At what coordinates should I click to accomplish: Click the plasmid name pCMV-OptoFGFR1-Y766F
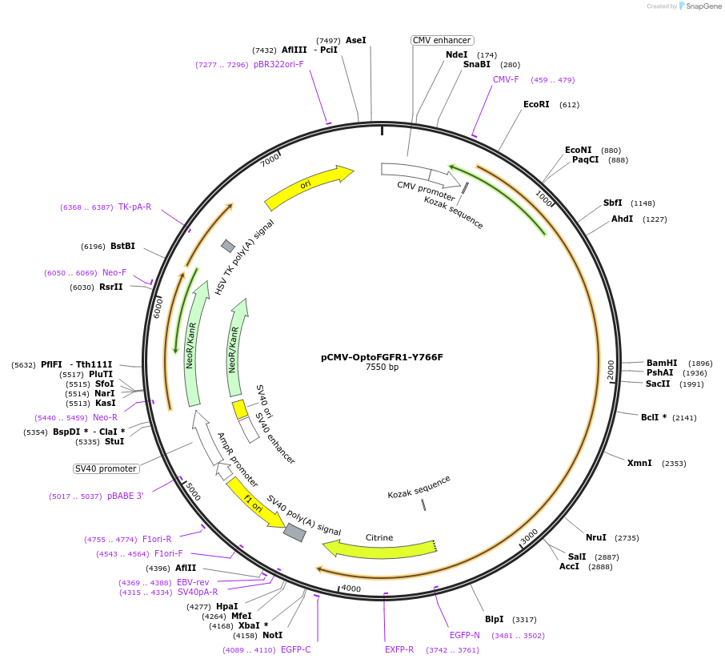tap(382, 357)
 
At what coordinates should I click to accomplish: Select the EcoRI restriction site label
tap(536, 105)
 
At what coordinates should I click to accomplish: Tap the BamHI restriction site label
tap(662, 363)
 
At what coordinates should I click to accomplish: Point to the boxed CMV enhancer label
tap(443, 40)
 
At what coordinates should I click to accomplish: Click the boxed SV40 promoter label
tap(106, 468)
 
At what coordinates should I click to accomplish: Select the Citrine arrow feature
tap(376, 548)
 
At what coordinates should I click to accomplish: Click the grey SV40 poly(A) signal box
tap(294, 532)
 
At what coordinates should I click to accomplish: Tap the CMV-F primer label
tap(506, 80)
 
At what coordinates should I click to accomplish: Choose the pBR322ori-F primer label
tap(278, 64)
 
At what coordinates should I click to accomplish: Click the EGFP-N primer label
tap(464, 635)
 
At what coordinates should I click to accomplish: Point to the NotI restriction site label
tap(272, 635)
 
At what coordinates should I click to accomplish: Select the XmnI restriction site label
tap(639, 463)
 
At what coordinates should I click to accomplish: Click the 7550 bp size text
tap(382, 368)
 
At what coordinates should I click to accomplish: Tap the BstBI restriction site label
tap(122, 246)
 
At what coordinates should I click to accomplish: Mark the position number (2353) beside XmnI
tap(674, 464)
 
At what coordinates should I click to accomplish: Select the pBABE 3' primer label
tap(125, 496)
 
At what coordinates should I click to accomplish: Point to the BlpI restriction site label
tap(494, 619)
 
